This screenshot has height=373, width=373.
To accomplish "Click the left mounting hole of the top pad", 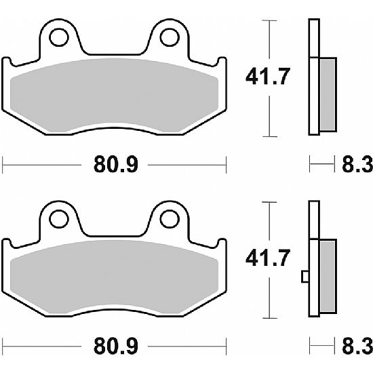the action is [x=59, y=37].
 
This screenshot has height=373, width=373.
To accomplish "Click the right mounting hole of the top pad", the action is [x=170, y=37].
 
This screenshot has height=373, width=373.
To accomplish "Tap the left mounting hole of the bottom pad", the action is [x=59, y=219].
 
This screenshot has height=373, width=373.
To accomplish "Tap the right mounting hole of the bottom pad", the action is [x=170, y=219].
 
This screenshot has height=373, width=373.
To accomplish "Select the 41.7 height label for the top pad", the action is [x=268, y=77].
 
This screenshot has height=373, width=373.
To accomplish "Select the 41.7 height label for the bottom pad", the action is [x=268, y=258].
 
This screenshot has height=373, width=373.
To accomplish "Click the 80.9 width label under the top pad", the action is [x=115, y=164].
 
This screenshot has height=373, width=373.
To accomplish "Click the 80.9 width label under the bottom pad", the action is [x=115, y=346].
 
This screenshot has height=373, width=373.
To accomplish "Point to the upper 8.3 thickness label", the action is [x=357, y=164].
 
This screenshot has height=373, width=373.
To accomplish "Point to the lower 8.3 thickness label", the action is [x=357, y=346].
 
